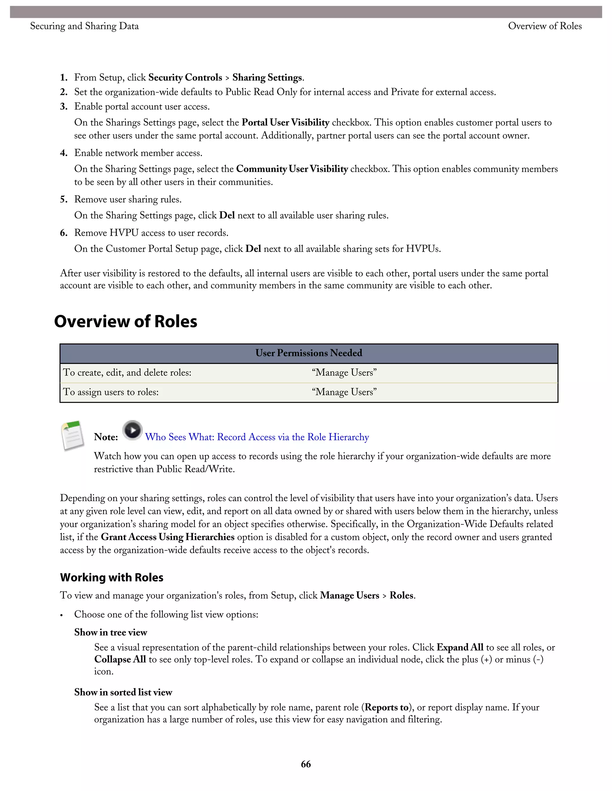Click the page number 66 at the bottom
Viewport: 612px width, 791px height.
[306, 764]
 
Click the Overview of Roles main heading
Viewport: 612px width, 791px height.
[126, 321]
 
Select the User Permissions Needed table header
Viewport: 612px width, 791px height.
[308, 353]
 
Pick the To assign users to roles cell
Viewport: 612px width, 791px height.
[111, 392]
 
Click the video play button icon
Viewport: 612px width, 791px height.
[132, 430]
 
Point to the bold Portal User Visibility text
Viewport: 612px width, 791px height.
[285, 122]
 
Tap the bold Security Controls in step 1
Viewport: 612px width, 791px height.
[185, 78]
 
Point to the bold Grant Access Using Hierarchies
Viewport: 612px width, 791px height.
[168, 537]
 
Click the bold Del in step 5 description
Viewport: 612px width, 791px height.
[227, 215]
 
